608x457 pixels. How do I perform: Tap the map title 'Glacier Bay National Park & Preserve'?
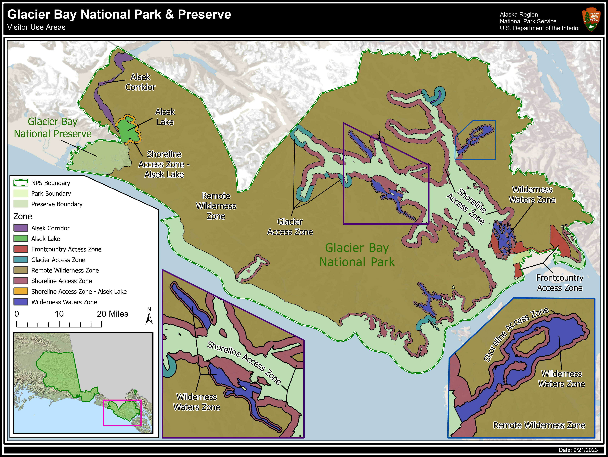coord(119,14)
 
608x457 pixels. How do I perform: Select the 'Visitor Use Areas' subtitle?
coord(36,27)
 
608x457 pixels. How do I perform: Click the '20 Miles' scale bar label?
coord(112,314)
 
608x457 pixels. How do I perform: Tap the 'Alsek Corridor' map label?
coord(140,82)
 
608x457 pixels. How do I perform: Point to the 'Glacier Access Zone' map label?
coord(290,227)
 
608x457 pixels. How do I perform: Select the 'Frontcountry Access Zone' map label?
coord(560,283)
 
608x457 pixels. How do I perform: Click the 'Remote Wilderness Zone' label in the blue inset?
coord(539,425)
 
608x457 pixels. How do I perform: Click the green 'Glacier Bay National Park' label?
coord(357,255)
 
